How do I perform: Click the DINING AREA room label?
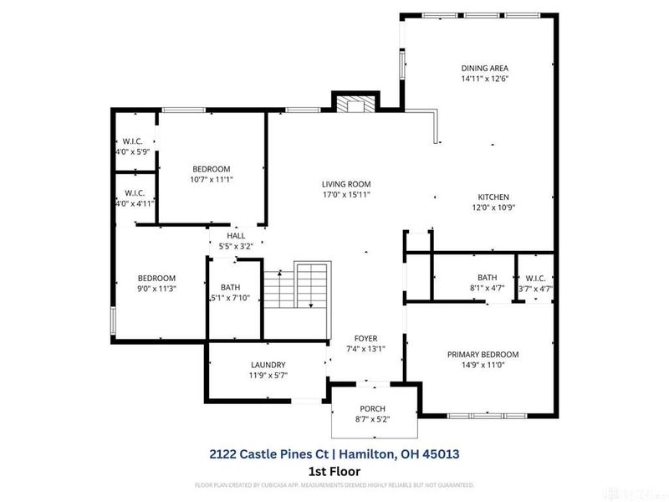coord(485,68)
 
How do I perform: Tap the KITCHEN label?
coord(493,197)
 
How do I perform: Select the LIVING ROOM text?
coord(346,183)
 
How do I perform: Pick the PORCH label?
coord(373,408)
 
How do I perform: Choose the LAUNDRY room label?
coord(268,365)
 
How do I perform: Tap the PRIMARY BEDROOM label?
coord(483,354)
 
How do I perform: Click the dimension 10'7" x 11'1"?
coord(211,179)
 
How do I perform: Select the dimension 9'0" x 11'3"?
coord(156,289)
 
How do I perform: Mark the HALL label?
coord(236,236)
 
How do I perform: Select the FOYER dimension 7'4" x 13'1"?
coord(365,348)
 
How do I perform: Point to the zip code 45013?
coord(442,453)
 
